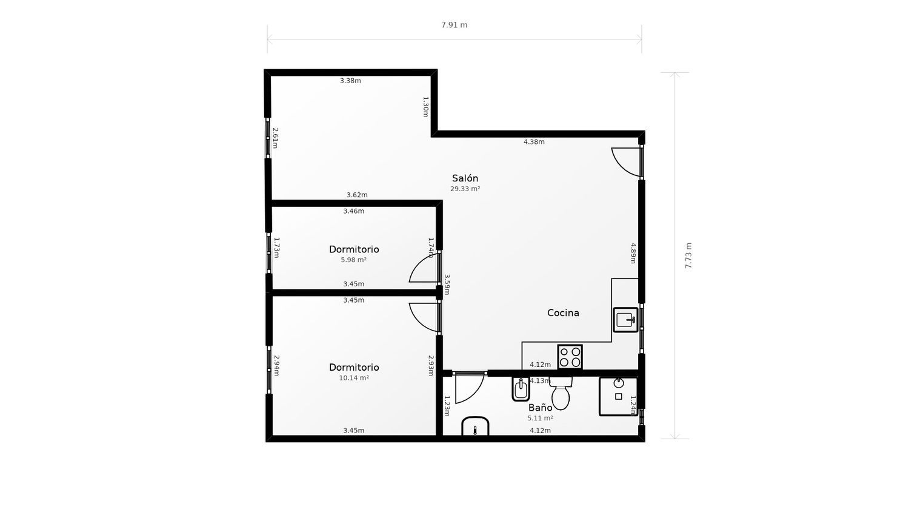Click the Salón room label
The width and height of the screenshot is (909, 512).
(465, 178)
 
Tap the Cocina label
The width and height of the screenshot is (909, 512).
(563, 313)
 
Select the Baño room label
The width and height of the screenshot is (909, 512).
(540, 407)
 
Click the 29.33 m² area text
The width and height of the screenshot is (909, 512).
(465, 189)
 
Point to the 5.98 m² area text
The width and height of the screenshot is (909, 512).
(353, 260)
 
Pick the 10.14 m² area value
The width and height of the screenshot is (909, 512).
(353, 378)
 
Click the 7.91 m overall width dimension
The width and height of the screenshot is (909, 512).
(454, 25)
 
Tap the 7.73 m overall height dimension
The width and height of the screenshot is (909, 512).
(688, 255)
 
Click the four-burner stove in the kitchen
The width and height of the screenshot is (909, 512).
(570, 357)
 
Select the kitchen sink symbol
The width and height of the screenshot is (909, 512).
(625, 320)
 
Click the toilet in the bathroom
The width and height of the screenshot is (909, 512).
(561, 393)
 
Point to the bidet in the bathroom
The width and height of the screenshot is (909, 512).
(521, 389)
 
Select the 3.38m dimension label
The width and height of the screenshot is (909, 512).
(350, 81)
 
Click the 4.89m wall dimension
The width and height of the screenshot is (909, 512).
(633, 253)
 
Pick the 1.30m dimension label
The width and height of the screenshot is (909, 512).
(425, 106)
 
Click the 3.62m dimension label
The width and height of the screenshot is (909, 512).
(357, 195)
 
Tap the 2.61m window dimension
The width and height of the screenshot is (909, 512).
(275, 138)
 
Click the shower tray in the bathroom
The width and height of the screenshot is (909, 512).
(618, 396)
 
